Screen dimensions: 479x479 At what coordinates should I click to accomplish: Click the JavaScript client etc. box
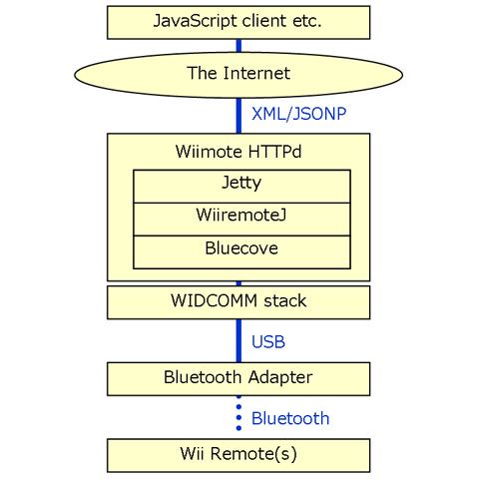tap(239, 22)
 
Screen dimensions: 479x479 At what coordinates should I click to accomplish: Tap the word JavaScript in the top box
tap(196, 21)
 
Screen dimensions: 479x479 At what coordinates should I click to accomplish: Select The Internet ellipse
tap(239, 75)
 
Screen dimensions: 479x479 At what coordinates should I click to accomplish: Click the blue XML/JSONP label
tap(298, 114)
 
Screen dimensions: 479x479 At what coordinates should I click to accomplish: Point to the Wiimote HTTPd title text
tap(239, 152)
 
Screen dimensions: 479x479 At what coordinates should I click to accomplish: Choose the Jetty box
tap(241, 187)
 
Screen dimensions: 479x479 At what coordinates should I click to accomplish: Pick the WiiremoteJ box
tap(241, 220)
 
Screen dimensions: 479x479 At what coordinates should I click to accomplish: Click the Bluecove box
tap(241, 252)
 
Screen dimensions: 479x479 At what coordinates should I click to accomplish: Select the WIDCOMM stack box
tap(239, 302)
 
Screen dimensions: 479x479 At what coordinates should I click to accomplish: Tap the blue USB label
tap(268, 342)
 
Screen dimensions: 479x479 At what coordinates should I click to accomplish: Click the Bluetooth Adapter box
tap(239, 379)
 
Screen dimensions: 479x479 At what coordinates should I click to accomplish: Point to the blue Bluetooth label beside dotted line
tap(290, 418)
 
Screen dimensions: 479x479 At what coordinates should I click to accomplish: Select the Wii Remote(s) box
tap(239, 455)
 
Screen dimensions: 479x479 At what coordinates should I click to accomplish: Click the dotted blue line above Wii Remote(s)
tap(239, 413)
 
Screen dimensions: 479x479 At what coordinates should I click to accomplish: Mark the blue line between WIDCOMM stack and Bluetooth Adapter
tap(239, 341)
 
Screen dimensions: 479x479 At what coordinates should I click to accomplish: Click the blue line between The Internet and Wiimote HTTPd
tap(239, 116)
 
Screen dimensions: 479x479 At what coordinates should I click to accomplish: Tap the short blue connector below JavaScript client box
tap(239, 46)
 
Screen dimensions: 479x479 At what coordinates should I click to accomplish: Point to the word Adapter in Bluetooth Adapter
tap(280, 378)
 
